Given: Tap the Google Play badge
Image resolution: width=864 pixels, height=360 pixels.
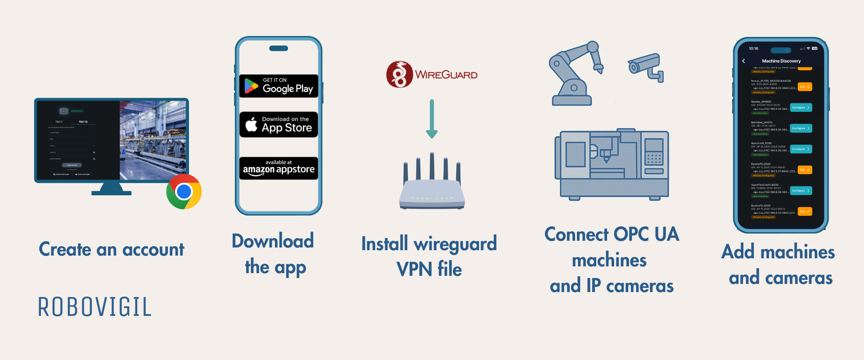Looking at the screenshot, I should [279, 86].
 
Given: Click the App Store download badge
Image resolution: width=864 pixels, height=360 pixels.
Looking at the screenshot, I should [279, 125].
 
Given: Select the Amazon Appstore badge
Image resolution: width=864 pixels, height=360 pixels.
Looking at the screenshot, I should [279, 168].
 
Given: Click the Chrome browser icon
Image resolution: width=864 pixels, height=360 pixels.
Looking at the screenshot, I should [184, 192].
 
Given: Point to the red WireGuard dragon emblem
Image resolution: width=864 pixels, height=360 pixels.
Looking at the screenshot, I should [399, 74].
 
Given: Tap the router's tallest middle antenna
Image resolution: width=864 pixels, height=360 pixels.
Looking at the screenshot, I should [432, 166].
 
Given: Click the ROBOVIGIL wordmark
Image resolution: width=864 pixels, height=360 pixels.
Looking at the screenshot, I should [94, 307].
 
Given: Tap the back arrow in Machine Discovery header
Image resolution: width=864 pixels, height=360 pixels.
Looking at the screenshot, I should [743, 61].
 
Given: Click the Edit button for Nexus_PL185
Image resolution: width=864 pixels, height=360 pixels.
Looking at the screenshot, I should [805, 87].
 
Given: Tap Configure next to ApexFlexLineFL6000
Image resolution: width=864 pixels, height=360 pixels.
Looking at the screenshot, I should [801, 191].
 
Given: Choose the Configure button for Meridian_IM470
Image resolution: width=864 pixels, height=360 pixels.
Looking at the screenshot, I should [801, 128].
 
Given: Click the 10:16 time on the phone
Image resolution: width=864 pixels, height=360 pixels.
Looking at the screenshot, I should [753, 49].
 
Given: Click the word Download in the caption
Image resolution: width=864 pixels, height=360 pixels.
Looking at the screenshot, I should [273, 241].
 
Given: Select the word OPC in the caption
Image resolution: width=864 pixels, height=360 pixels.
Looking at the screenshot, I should [631, 234].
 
